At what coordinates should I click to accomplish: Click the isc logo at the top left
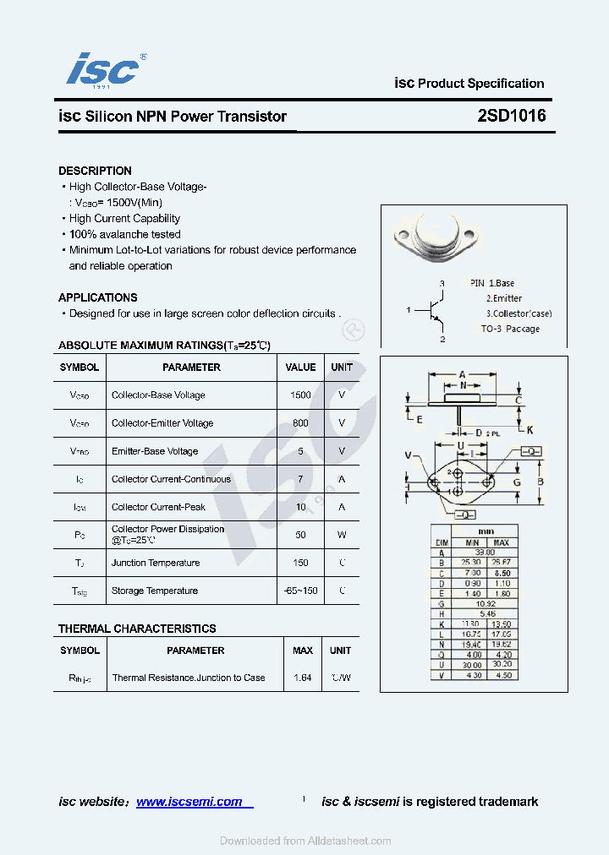pyautogui.click(x=103, y=68)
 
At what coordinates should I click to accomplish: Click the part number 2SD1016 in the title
pyautogui.click(x=511, y=117)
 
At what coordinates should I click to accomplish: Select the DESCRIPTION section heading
pyautogui.click(x=95, y=171)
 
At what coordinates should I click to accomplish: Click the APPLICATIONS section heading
pyautogui.click(x=97, y=297)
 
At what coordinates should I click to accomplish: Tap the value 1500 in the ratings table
pyautogui.click(x=300, y=395)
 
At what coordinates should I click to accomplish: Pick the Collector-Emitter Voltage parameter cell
pyautogui.click(x=162, y=423)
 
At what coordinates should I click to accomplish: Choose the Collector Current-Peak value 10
pyautogui.click(x=300, y=507)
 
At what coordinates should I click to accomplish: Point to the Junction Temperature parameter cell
pyautogui.click(x=156, y=563)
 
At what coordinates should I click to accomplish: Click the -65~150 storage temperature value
pyautogui.click(x=300, y=591)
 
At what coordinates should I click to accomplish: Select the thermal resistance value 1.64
pyautogui.click(x=302, y=678)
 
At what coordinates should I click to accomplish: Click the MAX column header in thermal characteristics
pyautogui.click(x=302, y=651)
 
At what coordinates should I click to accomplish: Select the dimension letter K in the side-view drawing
pyautogui.click(x=530, y=429)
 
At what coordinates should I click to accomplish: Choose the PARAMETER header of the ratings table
pyautogui.click(x=191, y=368)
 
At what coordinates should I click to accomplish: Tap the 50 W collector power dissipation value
pyautogui.click(x=300, y=535)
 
